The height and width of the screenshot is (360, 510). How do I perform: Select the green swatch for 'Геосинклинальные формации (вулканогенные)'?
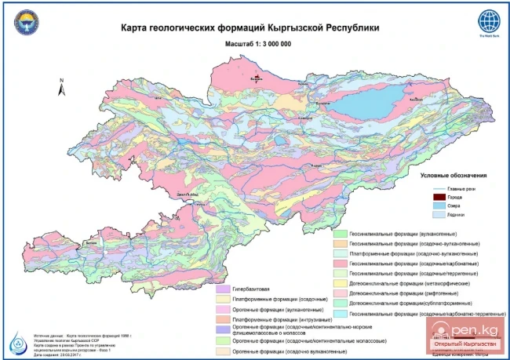coord(340,234)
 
